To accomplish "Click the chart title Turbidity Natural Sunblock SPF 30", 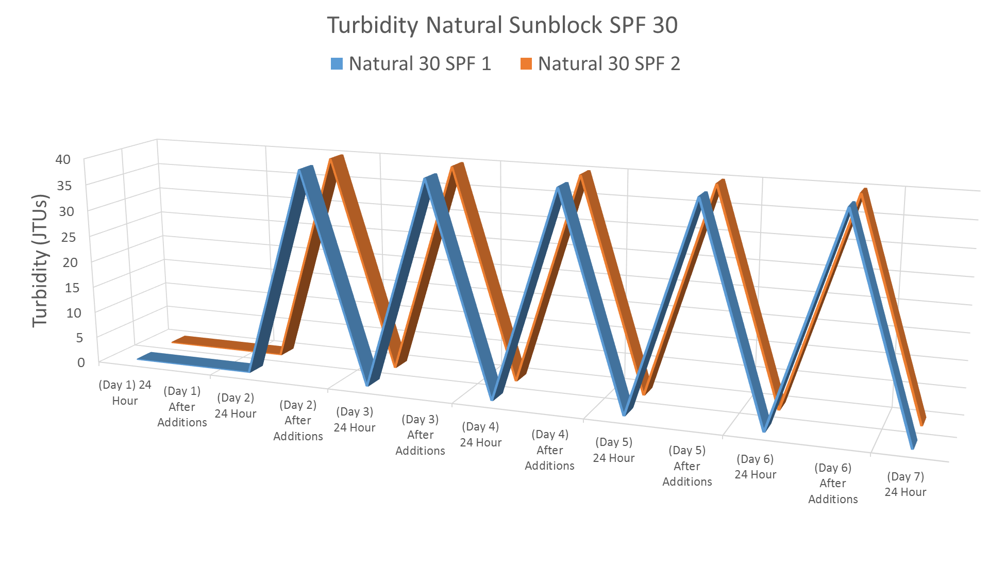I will tap(502, 25).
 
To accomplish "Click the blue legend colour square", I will tap(337, 64).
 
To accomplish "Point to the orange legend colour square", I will tap(526, 64).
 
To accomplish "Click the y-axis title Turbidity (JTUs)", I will tap(40, 260).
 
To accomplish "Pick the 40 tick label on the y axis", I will tap(63, 159).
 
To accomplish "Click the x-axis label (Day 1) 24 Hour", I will tap(125, 393).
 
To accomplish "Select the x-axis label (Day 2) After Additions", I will tap(298, 421).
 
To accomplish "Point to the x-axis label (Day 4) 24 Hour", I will tap(480, 435).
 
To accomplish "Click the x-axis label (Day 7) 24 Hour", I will tap(905, 484).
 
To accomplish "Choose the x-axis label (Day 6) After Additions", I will tap(833, 483).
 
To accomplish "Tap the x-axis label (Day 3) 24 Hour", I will tap(355, 420).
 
